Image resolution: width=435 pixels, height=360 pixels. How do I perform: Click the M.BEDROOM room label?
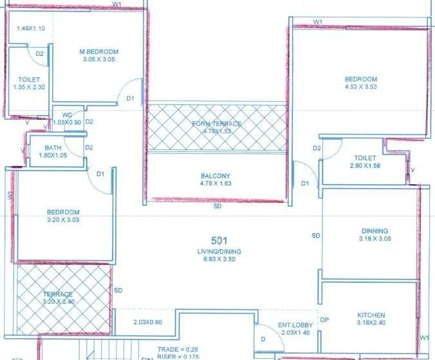point(99,52)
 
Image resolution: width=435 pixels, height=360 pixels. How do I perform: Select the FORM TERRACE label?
point(216,124)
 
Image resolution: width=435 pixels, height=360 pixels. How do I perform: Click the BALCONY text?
point(216,176)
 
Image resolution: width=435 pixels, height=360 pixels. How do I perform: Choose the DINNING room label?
point(375,231)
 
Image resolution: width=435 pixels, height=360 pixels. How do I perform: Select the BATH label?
point(53,147)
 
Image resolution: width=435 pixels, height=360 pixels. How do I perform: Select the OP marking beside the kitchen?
point(325,319)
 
